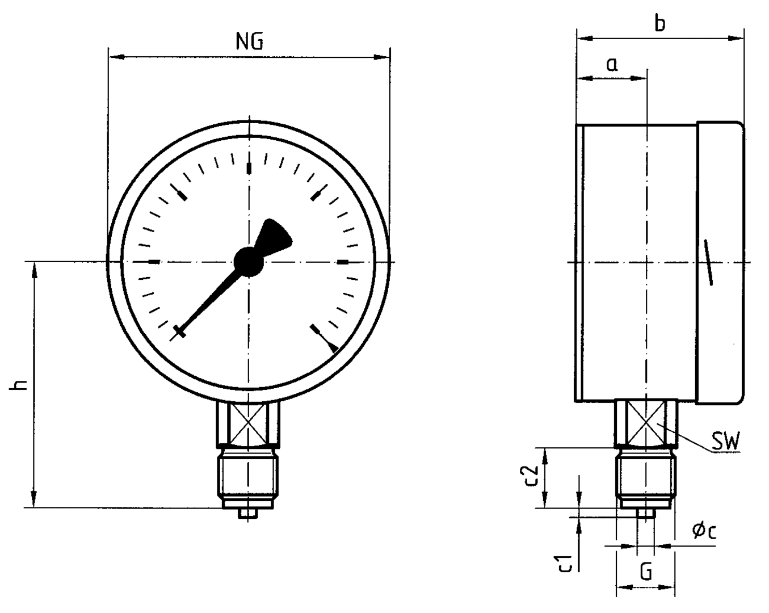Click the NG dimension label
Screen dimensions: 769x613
pyautogui.click(x=249, y=41)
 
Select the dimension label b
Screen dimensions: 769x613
pyautogui.click(x=659, y=24)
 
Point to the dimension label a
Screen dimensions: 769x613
pyautogui.click(x=612, y=65)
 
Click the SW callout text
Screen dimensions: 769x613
pyautogui.click(x=726, y=442)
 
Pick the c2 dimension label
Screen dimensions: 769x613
pyautogui.click(x=532, y=476)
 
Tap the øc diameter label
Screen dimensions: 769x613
pyautogui.click(x=704, y=531)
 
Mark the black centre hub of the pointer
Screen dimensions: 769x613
pyautogui.click(x=249, y=262)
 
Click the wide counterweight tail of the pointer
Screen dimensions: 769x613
pyautogui.click(x=275, y=235)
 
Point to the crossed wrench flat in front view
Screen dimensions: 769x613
pyautogui.click(x=249, y=423)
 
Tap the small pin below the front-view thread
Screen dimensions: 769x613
pyautogui.click(x=248, y=513)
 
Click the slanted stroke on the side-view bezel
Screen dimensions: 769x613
pyautogui.click(x=708, y=262)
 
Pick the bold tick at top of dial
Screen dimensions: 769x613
pyautogui.click(x=249, y=169)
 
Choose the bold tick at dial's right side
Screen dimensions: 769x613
pyautogui.click(x=343, y=262)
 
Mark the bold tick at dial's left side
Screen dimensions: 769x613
pyautogui.click(x=154, y=262)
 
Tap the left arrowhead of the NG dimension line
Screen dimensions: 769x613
pyautogui.click(x=116, y=57)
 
